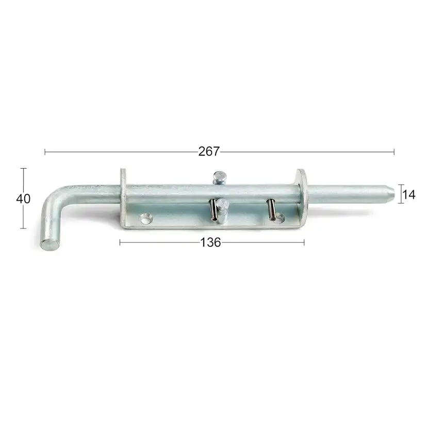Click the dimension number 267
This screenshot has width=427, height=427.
click(x=209, y=152)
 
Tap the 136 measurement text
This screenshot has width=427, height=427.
click(x=210, y=242)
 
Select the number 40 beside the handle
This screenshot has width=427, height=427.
click(x=23, y=199)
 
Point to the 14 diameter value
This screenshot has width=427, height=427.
click(x=409, y=195)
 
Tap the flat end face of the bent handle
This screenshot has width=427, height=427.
click(x=51, y=244)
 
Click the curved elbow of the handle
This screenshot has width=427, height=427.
click(x=55, y=194)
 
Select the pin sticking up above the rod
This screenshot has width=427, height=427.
click(x=220, y=177)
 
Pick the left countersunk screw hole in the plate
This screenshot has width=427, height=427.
click(x=146, y=219)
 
